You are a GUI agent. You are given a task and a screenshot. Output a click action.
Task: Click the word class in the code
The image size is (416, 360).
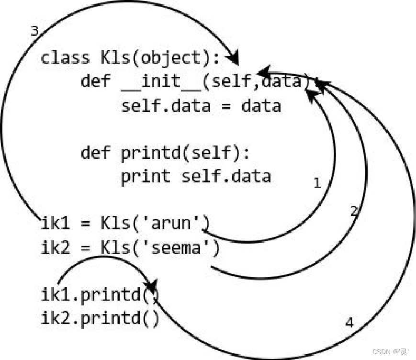pyautogui.click(x=65, y=58)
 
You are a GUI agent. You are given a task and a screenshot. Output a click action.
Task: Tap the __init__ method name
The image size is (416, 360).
pyautogui.click(x=161, y=81)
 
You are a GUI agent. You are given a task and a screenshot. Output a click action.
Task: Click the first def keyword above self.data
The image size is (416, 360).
pyautogui.click(x=95, y=81)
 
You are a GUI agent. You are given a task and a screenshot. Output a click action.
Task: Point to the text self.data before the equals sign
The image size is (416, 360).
pyautogui.click(x=166, y=105)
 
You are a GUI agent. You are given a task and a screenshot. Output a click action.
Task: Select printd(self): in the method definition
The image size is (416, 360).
pyautogui.click(x=185, y=153)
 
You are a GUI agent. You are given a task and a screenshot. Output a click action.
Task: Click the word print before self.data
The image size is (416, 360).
pyautogui.click(x=146, y=177)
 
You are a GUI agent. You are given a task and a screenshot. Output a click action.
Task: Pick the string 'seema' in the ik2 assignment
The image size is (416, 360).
pyautogui.click(x=186, y=247)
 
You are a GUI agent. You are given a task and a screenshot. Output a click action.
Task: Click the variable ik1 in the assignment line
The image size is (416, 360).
pyautogui.click(x=56, y=223)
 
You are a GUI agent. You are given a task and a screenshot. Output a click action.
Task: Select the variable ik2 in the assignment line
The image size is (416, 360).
pyautogui.click(x=56, y=247)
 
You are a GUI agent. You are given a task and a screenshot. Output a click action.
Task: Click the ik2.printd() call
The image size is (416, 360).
pyautogui.click(x=100, y=318)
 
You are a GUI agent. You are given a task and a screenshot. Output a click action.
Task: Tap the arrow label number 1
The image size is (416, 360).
pyautogui.click(x=316, y=183)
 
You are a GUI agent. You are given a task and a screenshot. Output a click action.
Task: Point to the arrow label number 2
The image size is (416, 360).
pyautogui.click(x=354, y=211)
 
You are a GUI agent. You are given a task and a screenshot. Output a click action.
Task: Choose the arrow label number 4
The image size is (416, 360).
pyautogui.click(x=349, y=323)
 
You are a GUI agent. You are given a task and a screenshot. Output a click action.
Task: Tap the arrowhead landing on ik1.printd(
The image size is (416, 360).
pyautogui.click(x=151, y=288)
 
